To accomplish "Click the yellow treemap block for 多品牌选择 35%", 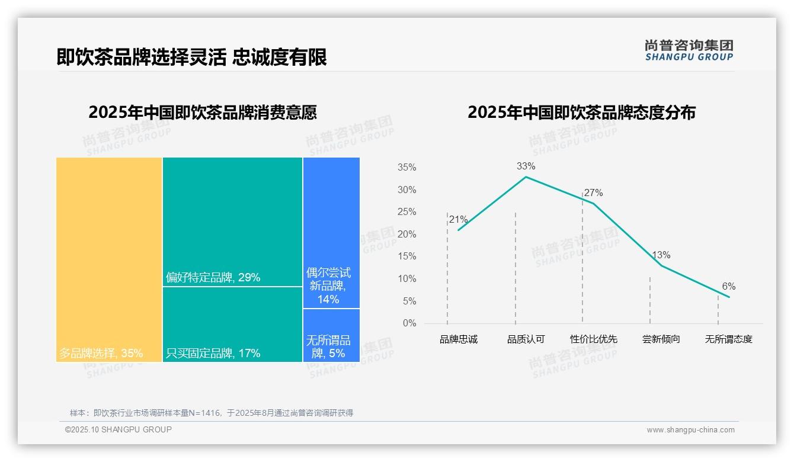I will (109, 259).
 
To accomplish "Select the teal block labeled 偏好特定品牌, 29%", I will (232, 222).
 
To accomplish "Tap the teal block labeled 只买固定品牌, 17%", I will (232, 324).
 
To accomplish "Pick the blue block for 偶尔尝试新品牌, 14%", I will (331, 233).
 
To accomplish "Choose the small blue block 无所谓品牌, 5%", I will (331, 335).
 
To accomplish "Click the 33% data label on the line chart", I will (526, 166).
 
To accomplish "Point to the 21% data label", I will (459, 220).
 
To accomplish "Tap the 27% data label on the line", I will (593, 192).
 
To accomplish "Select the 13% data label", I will (661, 255).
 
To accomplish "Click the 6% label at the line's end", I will (728, 287).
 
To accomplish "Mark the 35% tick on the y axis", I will (406, 168).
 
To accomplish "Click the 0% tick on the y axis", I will (409, 323).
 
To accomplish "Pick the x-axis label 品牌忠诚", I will (458, 339).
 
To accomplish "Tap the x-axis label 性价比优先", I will (593, 339).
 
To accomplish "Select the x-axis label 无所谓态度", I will (728, 339).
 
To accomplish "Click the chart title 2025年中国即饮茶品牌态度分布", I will (581, 113).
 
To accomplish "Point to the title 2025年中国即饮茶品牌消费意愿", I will (203, 113).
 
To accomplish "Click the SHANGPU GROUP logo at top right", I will (689, 50).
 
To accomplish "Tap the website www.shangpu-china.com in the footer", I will (690, 430).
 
